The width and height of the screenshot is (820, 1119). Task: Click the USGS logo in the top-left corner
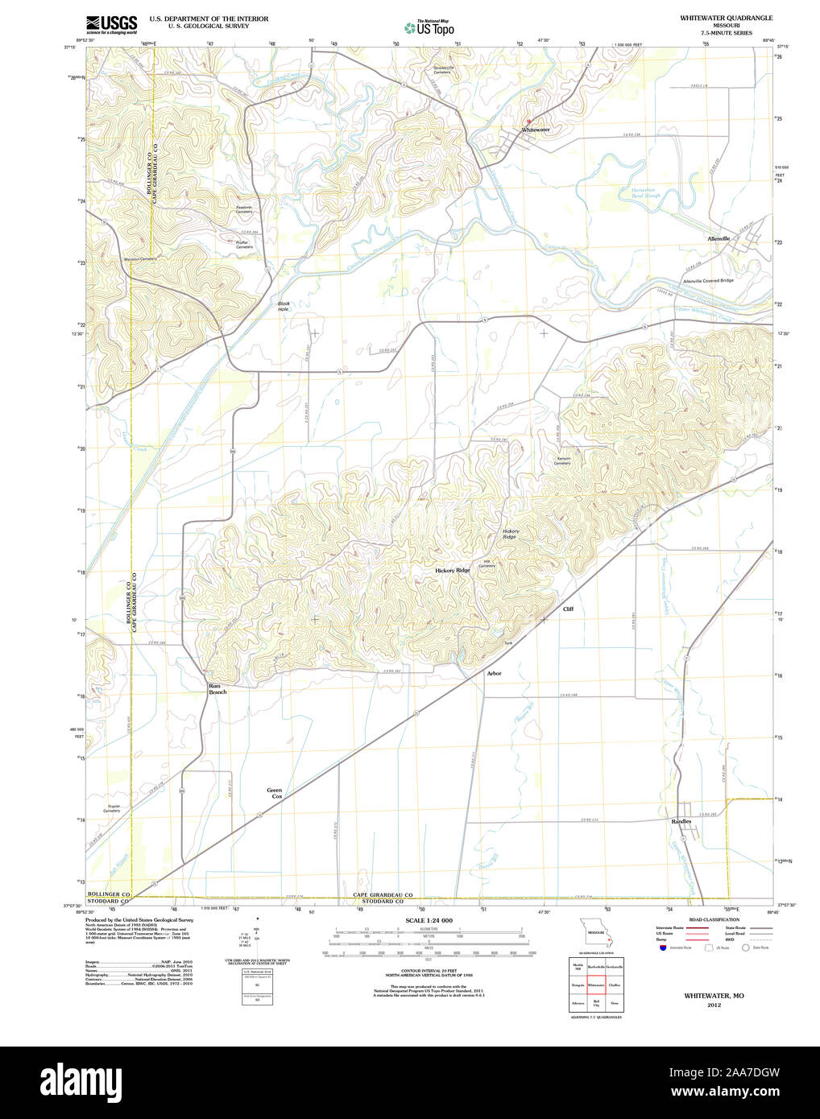pos(111,23)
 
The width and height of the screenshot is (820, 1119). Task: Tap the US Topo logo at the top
pos(430,28)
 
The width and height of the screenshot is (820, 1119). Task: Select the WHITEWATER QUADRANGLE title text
pos(726,18)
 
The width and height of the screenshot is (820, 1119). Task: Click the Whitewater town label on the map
pos(535,130)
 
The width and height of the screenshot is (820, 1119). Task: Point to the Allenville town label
pos(719,239)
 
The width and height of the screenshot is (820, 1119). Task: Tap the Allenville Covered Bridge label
pos(708,281)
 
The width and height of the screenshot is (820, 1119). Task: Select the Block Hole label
pos(284,307)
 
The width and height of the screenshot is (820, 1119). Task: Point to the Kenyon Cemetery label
pos(562,460)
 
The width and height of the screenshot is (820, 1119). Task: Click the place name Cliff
pos(568,609)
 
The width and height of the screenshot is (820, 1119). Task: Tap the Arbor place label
pos(494,673)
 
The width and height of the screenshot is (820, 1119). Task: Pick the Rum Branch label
pos(217,689)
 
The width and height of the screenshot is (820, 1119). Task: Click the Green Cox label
pos(275,793)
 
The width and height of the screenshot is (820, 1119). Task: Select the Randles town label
pos(681,821)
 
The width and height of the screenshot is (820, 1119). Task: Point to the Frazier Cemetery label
pos(111,808)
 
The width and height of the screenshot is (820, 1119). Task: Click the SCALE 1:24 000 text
pos(429,920)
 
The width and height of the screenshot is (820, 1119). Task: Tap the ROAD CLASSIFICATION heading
pos(714,919)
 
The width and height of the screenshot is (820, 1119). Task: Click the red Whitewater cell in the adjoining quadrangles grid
pos(596,985)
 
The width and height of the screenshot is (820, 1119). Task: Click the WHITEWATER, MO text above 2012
pos(714,996)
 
